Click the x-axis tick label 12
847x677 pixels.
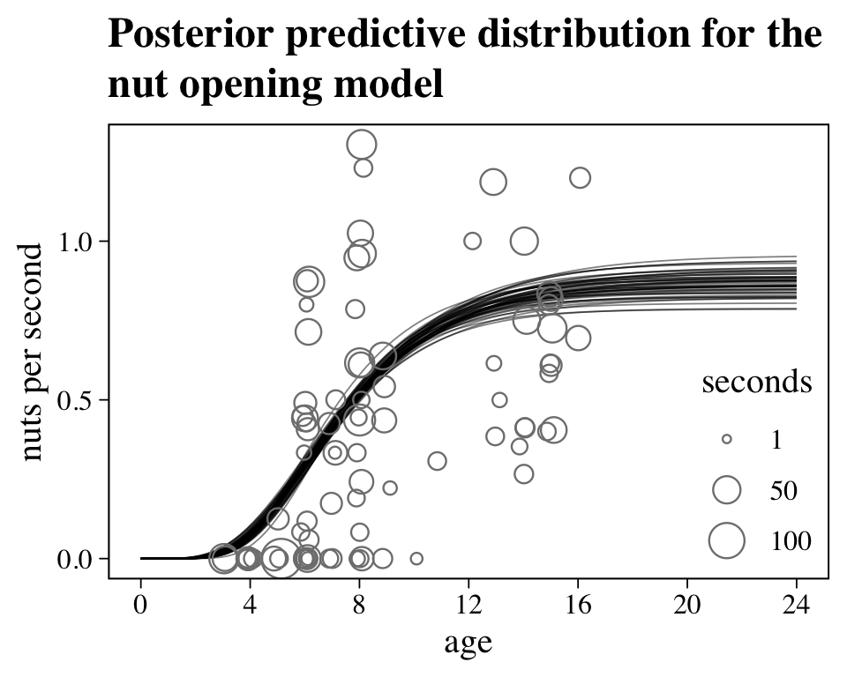tap(468, 606)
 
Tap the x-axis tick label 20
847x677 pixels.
tap(687, 606)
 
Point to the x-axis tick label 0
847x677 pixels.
tap(140, 606)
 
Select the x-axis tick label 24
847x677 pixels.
tap(797, 606)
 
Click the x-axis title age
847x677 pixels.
tap(468, 644)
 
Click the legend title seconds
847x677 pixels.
tap(756, 382)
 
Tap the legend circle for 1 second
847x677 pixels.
tap(727, 439)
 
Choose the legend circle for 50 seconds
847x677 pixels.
tap(727, 490)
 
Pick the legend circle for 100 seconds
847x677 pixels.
tap(727, 540)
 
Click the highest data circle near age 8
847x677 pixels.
tap(362, 145)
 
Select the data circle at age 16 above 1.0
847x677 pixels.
tap(580, 178)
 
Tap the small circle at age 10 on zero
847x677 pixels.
tap(416, 558)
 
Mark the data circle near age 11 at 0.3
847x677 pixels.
tap(437, 461)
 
